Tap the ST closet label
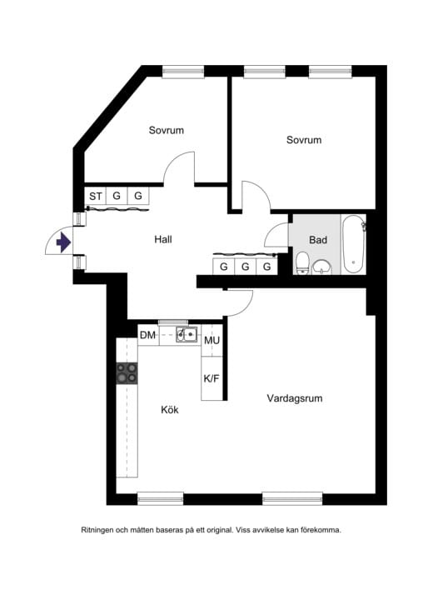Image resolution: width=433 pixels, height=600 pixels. coord(96,197)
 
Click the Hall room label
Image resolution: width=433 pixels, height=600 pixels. coord(163,240)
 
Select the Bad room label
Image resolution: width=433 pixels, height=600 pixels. coord(317,240)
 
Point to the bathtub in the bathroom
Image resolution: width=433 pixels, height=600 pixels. coord(354,244)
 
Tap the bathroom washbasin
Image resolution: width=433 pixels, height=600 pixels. coord(322,266)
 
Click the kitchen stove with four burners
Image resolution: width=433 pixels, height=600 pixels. coord(127,372)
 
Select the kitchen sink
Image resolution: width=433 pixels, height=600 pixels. coord(187,335)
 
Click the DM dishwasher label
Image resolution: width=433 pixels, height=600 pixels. coord(147,336)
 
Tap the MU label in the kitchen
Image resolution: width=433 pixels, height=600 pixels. coord(212,340)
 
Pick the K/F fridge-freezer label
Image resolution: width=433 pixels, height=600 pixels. coord(212,378)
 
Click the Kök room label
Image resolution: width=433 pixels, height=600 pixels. coord(170,410)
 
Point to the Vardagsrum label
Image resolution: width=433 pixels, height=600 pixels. coord(294,398)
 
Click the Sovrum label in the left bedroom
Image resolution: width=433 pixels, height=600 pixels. coord(167,131)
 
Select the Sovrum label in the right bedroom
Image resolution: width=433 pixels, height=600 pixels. coord(303,140)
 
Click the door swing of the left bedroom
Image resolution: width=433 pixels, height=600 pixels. coord(177,168)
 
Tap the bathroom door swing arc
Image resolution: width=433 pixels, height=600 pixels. coord(277,235)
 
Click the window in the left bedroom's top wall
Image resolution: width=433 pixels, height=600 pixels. coord(183,72)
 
